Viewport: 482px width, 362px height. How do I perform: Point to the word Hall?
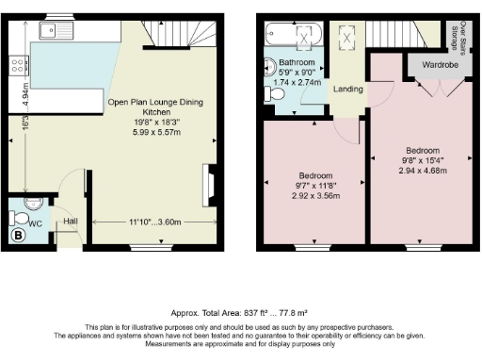69,222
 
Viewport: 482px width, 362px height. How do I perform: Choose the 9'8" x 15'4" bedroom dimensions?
423,161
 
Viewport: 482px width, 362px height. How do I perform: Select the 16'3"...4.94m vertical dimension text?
13,107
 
